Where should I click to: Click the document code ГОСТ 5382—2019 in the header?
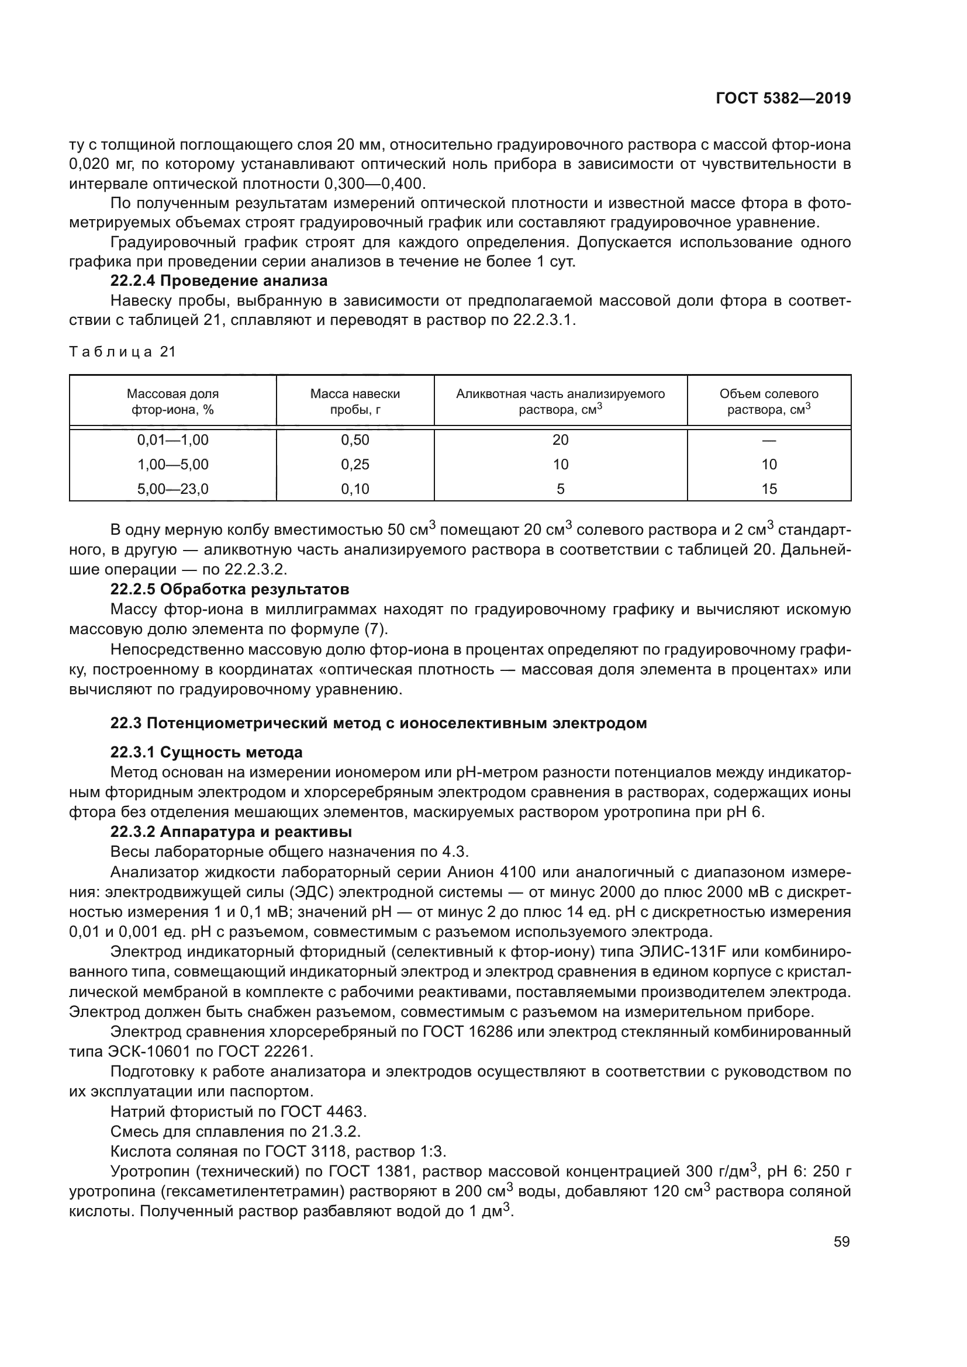point(783,99)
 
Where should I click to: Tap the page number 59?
point(841,1241)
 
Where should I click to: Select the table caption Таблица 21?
point(123,352)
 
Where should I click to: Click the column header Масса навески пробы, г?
point(355,402)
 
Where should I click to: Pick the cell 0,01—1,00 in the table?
point(172,440)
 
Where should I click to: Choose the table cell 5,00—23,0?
point(172,489)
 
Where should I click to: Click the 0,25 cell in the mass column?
point(355,465)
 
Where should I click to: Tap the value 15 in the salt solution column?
point(769,489)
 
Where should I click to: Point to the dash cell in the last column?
point(769,441)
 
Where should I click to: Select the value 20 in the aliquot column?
point(560,440)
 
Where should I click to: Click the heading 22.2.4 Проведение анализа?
point(219,281)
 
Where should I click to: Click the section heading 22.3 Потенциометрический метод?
point(378,724)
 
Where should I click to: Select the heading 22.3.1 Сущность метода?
point(206,753)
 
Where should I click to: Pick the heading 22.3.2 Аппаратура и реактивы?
point(231,832)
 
